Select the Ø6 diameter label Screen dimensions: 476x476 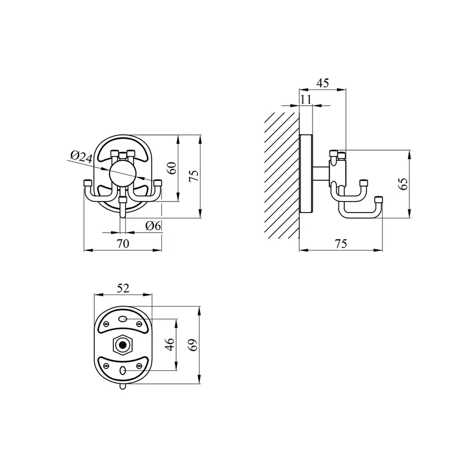pyautogui.click(x=153, y=226)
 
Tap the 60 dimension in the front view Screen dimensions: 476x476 pyautogui.click(x=171, y=168)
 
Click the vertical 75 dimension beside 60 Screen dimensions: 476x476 pyautogui.click(x=194, y=176)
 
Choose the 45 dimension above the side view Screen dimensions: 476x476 pyautogui.click(x=322, y=83)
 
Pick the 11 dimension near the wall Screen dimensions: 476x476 pyautogui.click(x=306, y=99)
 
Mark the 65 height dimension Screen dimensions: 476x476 pyautogui.click(x=404, y=184)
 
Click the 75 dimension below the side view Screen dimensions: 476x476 pyautogui.click(x=341, y=243)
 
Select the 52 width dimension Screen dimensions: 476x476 pyautogui.click(x=123, y=288)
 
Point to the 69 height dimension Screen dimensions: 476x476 pyautogui.click(x=194, y=345)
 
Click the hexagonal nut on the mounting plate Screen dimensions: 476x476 pyautogui.click(x=123, y=345)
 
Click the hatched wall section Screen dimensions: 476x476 pyautogui.click(x=280, y=175)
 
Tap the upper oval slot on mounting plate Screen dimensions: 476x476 pyautogui.click(x=123, y=319)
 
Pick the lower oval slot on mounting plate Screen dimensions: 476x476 pyautogui.click(x=123, y=371)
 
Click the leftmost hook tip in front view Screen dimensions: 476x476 pyautogui.click(x=88, y=183)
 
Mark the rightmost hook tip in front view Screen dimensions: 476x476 pyautogui.click(x=158, y=183)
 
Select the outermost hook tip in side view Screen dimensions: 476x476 pyautogui.click(x=378, y=199)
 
